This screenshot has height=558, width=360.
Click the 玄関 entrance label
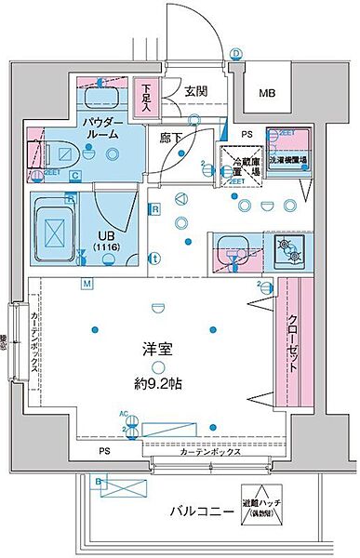(195, 90)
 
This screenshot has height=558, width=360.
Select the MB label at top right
(267, 94)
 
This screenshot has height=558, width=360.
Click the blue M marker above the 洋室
(86, 283)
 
